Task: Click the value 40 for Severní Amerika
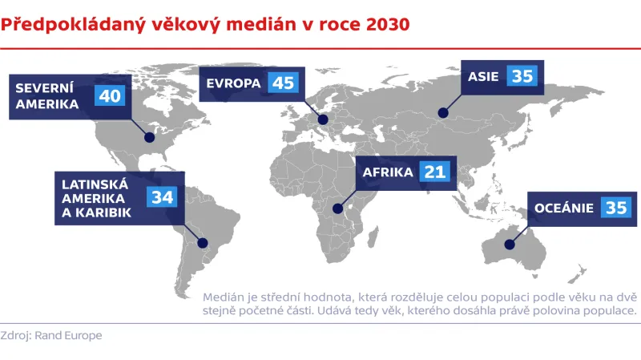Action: pos(110,95)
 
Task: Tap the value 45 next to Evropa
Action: pos(283,83)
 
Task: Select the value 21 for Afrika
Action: pos(435,172)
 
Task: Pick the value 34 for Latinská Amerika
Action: pos(161,197)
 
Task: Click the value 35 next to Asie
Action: pos(522,76)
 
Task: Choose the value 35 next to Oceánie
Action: pos(615,208)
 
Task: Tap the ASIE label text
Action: pos(483,76)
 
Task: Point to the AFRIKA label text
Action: pos(388,172)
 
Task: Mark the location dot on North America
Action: pos(148,137)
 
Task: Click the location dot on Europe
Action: pos(323,120)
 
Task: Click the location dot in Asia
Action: pos(439,114)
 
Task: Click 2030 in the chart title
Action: pos(387,24)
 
